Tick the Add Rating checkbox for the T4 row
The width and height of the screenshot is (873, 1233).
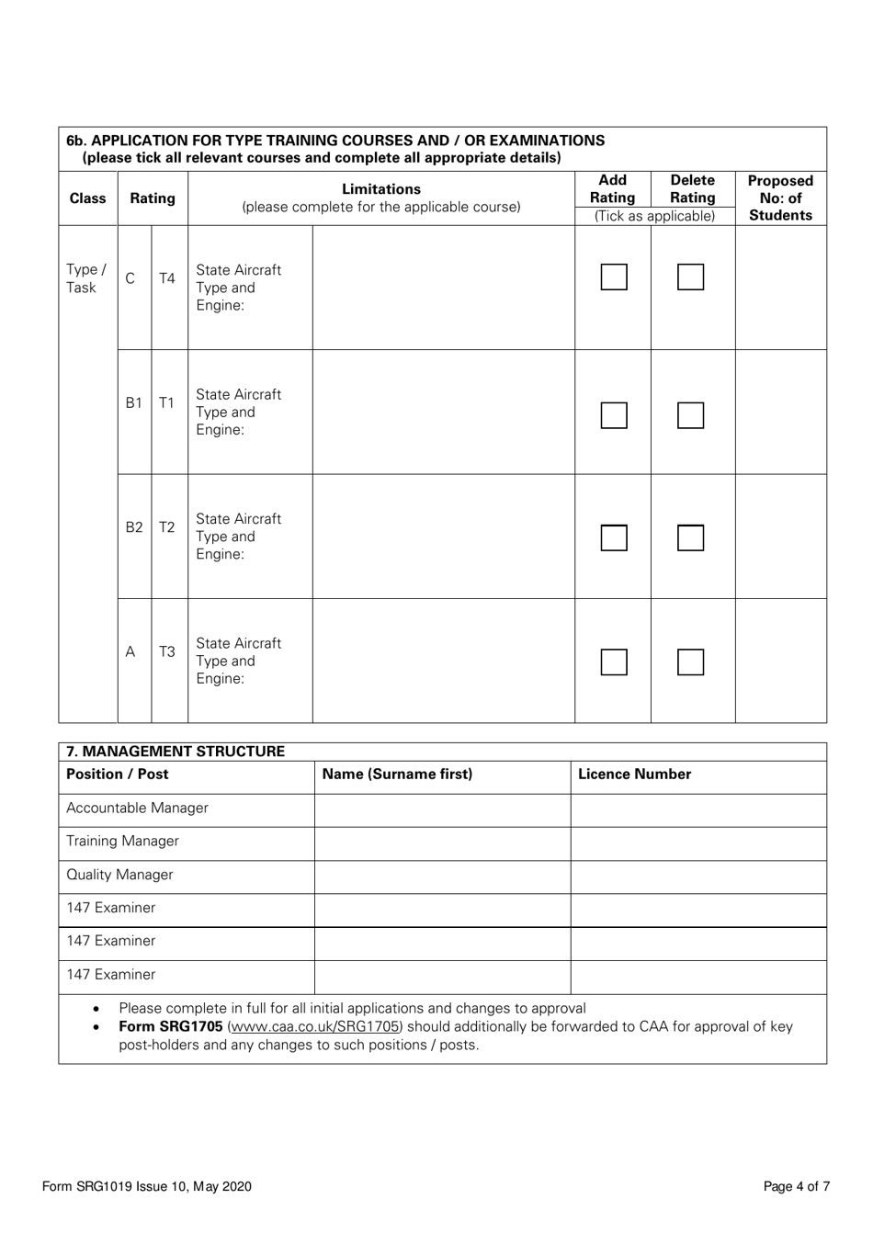pos(614,277)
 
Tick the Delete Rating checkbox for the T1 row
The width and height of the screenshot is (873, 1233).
pos(690,415)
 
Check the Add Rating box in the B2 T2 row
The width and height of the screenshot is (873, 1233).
pos(614,537)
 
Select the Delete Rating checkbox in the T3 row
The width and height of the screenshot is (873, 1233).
pos(690,662)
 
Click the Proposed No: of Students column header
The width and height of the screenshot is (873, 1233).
pos(780,198)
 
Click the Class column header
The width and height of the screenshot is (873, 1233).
pos(87,198)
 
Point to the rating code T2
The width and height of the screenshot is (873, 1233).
pos(166,527)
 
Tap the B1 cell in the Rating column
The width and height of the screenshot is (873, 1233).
pos(134,402)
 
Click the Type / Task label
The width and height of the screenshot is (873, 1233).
pos(86,278)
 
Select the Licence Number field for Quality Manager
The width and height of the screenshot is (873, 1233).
pos(697,876)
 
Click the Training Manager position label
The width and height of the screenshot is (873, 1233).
pos(122,842)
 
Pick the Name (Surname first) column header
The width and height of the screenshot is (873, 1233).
pos(397,775)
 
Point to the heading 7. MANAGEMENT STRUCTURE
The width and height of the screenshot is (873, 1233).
pos(176,752)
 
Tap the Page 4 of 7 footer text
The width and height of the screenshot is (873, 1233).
pos(796,1186)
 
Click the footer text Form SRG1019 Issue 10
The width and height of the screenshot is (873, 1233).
pos(146,1186)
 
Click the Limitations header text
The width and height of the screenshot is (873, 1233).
pos(380,189)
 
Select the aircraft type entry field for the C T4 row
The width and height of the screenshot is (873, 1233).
pos(443,288)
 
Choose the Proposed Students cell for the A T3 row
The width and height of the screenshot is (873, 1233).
pos(780,662)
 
